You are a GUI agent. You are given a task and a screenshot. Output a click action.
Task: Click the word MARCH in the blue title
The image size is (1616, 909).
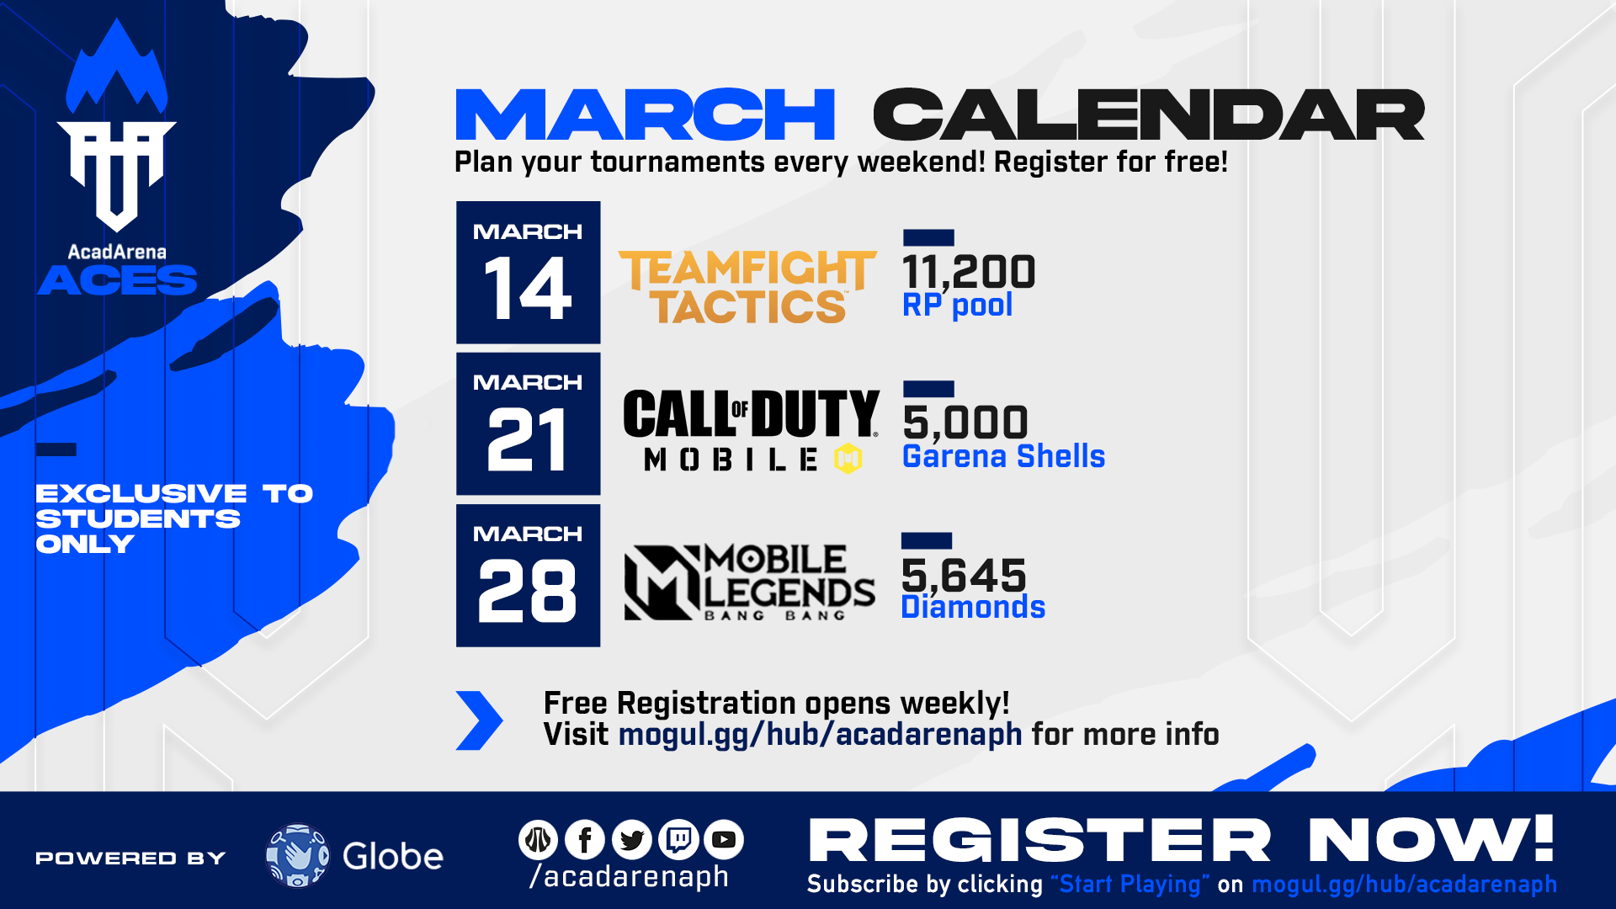(x=645, y=114)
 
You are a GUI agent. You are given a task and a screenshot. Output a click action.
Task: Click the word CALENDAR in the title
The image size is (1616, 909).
(x=1149, y=114)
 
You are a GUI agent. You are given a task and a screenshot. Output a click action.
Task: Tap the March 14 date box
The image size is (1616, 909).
(x=529, y=272)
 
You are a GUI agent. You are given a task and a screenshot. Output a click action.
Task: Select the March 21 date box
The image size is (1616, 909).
(x=529, y=423)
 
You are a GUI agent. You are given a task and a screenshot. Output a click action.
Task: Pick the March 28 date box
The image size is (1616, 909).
(x=529, y=576)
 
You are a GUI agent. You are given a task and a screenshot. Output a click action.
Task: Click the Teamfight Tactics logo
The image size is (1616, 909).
(x=747, y=287)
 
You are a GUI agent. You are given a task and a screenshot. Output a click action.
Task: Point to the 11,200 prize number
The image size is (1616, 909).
(x=969, y=272)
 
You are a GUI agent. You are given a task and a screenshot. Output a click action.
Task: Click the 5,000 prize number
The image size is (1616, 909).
(x=965, y=423)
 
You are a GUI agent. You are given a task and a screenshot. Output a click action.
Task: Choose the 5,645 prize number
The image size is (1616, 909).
(x=964, y=576)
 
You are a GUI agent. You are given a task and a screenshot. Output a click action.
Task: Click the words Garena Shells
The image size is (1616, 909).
(x=1003, y=456)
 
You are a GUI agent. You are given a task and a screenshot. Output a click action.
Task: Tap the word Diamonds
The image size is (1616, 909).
(x=973, y=607)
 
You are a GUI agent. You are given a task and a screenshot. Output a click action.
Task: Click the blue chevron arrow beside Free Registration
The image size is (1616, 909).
(x=479, y=720)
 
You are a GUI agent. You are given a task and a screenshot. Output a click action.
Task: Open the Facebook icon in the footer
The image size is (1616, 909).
(x=585, y=839)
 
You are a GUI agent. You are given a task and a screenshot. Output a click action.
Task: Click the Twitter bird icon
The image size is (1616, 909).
(x=632, y=839)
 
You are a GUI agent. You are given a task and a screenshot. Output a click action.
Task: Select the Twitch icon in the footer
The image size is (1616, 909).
(x=679, y=839)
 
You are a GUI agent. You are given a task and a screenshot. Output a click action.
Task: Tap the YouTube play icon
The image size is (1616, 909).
(x=724, y=839)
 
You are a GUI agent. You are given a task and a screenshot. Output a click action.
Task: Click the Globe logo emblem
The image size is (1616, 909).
(x=297, y=856)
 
